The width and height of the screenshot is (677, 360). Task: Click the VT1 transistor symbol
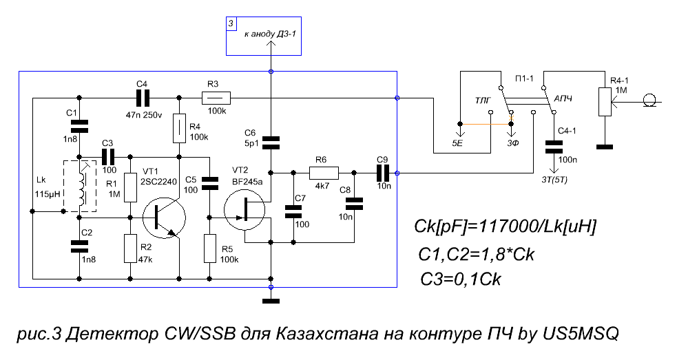[164, 219]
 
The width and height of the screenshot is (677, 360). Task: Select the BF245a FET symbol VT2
[244, 210]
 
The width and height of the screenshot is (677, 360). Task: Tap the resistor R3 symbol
[216, 98]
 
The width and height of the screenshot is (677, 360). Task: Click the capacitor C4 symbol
[143, 98]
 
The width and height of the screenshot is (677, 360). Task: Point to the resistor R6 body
[324, 173]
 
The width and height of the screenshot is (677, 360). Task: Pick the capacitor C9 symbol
[383, 173]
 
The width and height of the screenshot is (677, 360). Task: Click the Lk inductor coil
[80, 187]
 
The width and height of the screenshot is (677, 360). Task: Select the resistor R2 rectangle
[130, 248]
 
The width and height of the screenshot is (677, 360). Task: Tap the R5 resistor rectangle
[210, 248]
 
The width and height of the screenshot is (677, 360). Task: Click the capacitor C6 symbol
[271, 142]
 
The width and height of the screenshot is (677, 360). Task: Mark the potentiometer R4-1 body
[605, 102]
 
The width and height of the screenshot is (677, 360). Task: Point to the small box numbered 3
[231, 23]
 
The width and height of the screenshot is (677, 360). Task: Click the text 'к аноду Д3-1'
[270, 34]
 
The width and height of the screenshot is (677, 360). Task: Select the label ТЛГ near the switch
[483, 100]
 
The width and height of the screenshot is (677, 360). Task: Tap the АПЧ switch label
[563, 99]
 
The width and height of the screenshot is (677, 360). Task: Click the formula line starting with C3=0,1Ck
[461, 279]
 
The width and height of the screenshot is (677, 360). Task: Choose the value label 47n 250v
[144, 115]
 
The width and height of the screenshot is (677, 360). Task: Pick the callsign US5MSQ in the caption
[581, 334]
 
